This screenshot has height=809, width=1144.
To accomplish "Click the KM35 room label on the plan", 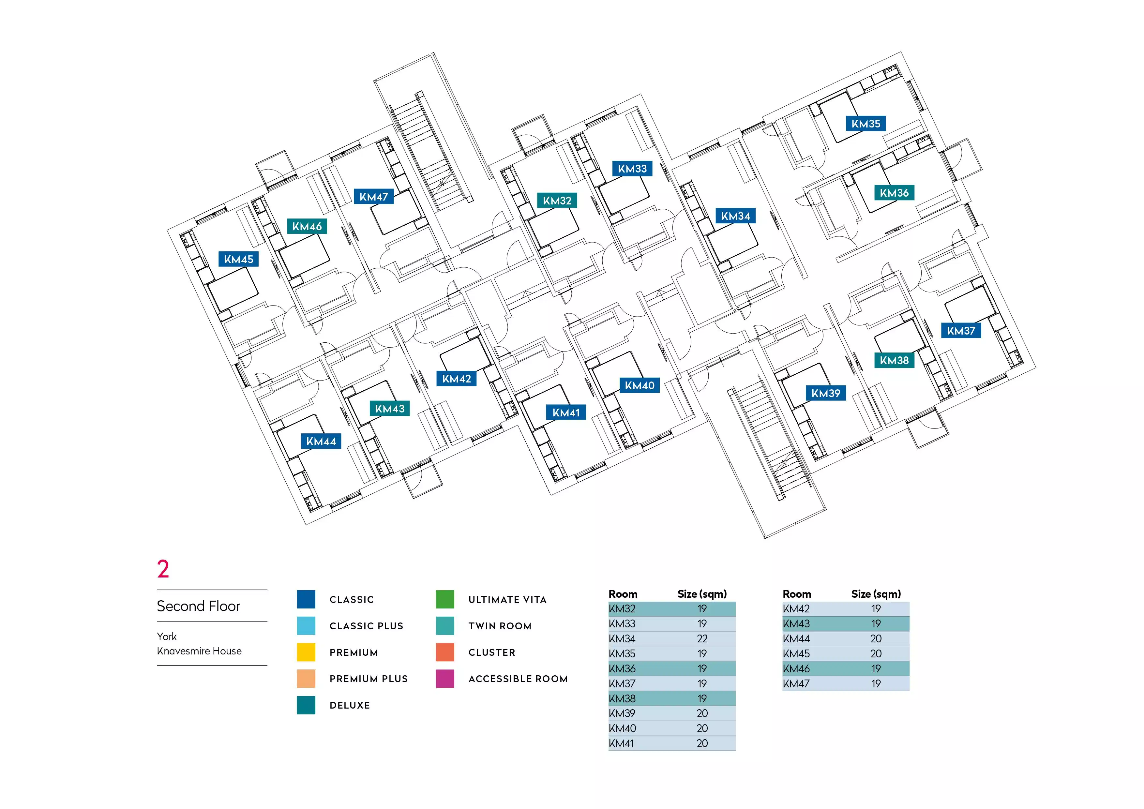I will pos(866,124).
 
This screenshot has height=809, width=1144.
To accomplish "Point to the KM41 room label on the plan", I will pos(566,412).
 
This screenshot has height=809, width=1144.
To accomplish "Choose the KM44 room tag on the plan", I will pos(321,442).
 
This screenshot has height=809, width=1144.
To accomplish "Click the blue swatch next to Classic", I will pos(306,599).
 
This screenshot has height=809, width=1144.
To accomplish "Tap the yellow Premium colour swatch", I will pos(306,652).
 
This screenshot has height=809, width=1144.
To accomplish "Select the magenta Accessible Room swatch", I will pos(444,679).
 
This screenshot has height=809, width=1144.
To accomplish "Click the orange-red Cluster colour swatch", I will pos(444,652).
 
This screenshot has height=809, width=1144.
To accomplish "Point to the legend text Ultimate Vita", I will pos(507,600).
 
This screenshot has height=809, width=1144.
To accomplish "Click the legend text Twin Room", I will pos(500,626).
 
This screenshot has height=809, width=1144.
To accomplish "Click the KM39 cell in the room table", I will pos(622,713).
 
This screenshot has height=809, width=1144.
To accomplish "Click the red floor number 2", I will pos(163,569).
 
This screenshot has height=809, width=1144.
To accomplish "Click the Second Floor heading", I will pos(198,606).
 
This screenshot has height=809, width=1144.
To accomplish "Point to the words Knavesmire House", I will pos(199,651).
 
